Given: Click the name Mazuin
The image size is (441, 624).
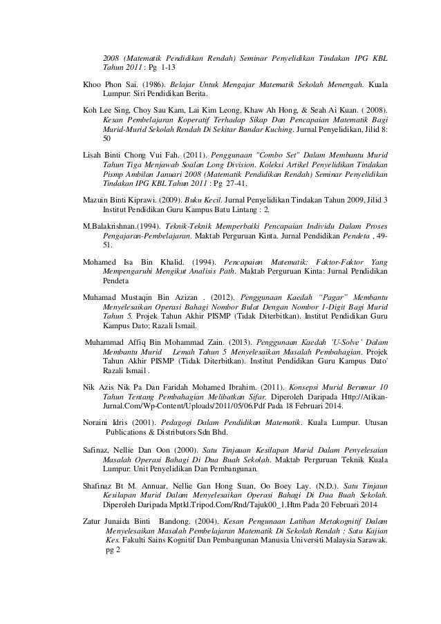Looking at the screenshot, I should pos(97,198).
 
